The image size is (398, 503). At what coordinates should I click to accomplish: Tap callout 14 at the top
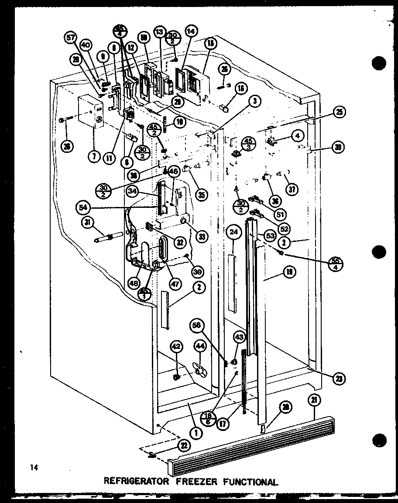(x=191, y=31)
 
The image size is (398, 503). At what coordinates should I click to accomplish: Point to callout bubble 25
(x=339, y=113)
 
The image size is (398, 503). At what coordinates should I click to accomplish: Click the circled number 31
(x=88, y=223)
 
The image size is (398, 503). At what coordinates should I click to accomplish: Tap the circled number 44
(x=199, y=346)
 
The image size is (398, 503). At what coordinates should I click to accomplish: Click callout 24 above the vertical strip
(x=234, y=233)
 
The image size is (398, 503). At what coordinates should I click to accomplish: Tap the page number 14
(x=34, y=468)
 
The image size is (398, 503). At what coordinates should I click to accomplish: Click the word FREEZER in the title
(x=196, y=482)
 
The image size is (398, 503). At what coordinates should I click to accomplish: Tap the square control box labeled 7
(x=89, y=112)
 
